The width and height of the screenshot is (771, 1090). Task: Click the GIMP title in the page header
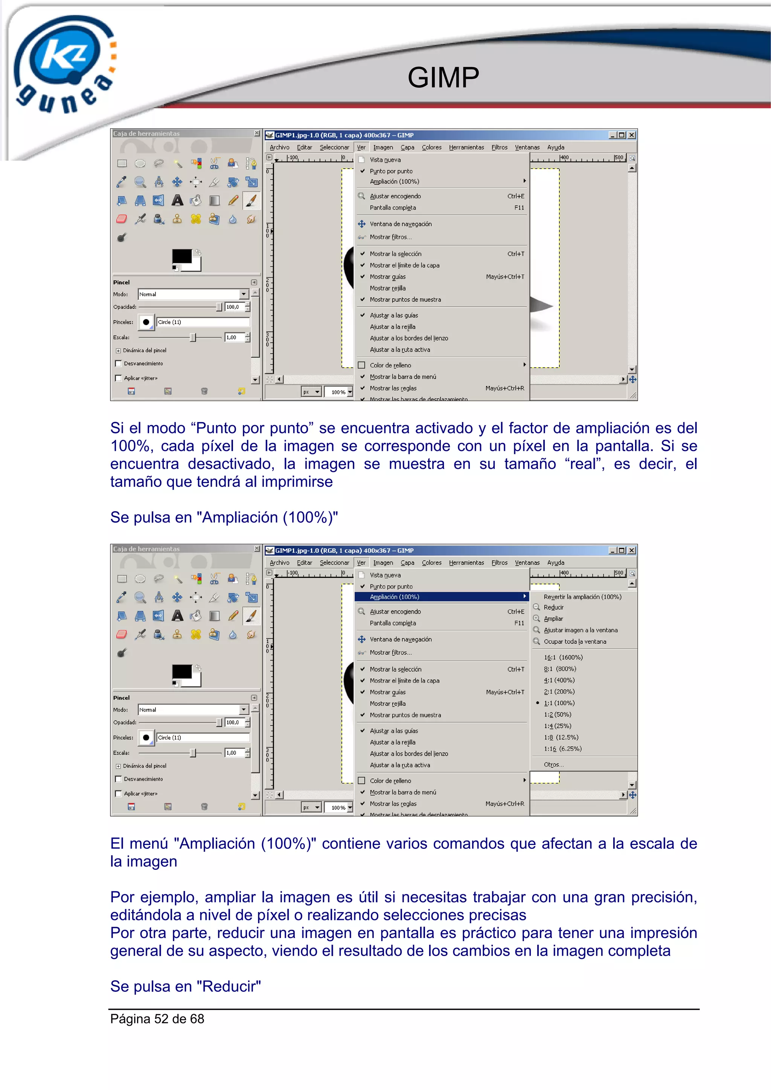pyautogui.click(x=443, y=78)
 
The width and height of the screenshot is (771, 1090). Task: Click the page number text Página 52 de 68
pyautogui.click(x=157, y=1019)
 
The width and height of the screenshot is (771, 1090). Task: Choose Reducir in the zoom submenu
pyautogui.click(x=553, y=607)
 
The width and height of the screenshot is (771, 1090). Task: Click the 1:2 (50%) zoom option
pyautogui.click(x=557, y=715)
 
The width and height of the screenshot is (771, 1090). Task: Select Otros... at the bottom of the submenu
pyautogui.click(x=553, y=764)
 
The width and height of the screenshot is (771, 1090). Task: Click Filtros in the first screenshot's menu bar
pyautogui.click(x=499, y=147)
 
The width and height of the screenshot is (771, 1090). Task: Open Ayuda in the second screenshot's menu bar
pyautogui.click(x=555, y=562)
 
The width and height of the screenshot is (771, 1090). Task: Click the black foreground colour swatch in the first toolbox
pyautogui.click(x=181, y=256)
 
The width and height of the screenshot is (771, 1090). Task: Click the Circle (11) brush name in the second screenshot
pyautogui.click(x=169, y=738)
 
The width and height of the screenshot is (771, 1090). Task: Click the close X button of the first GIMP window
pyautogui.click(x=632, y=135)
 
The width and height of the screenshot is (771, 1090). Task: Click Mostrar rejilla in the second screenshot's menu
pyautogui.click(x=388, y=704)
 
